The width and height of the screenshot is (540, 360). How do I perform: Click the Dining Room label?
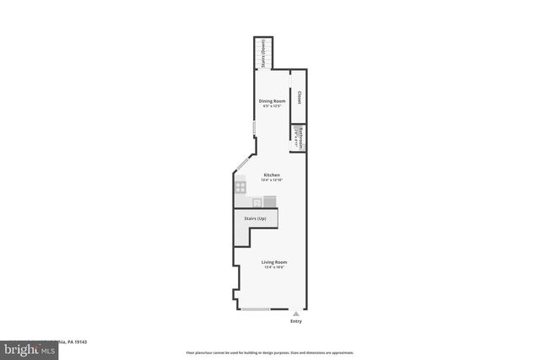click(x=272, y=101)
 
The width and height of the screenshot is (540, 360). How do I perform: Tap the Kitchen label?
click(x=272, y=175)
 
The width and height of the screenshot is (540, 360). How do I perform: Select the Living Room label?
click(x=274, y=262)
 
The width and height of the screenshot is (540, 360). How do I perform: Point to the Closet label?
click(x=299, y=98)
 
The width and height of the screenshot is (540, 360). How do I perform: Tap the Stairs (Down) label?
click(x=264, y=52)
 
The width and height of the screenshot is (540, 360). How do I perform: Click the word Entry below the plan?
click(x=295, y=321)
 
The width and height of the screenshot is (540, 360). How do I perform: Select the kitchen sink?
click(x=257, y=201)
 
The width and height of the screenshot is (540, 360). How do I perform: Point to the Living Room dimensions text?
click(x=274, y=267)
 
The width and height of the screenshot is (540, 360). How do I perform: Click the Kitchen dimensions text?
click(x=272, y=180)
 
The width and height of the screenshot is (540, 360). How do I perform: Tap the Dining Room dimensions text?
click(x=272, y=106)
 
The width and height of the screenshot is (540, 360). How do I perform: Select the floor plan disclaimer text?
click(x=269, y=352)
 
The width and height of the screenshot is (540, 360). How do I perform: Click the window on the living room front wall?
click(x=256, y=309)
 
